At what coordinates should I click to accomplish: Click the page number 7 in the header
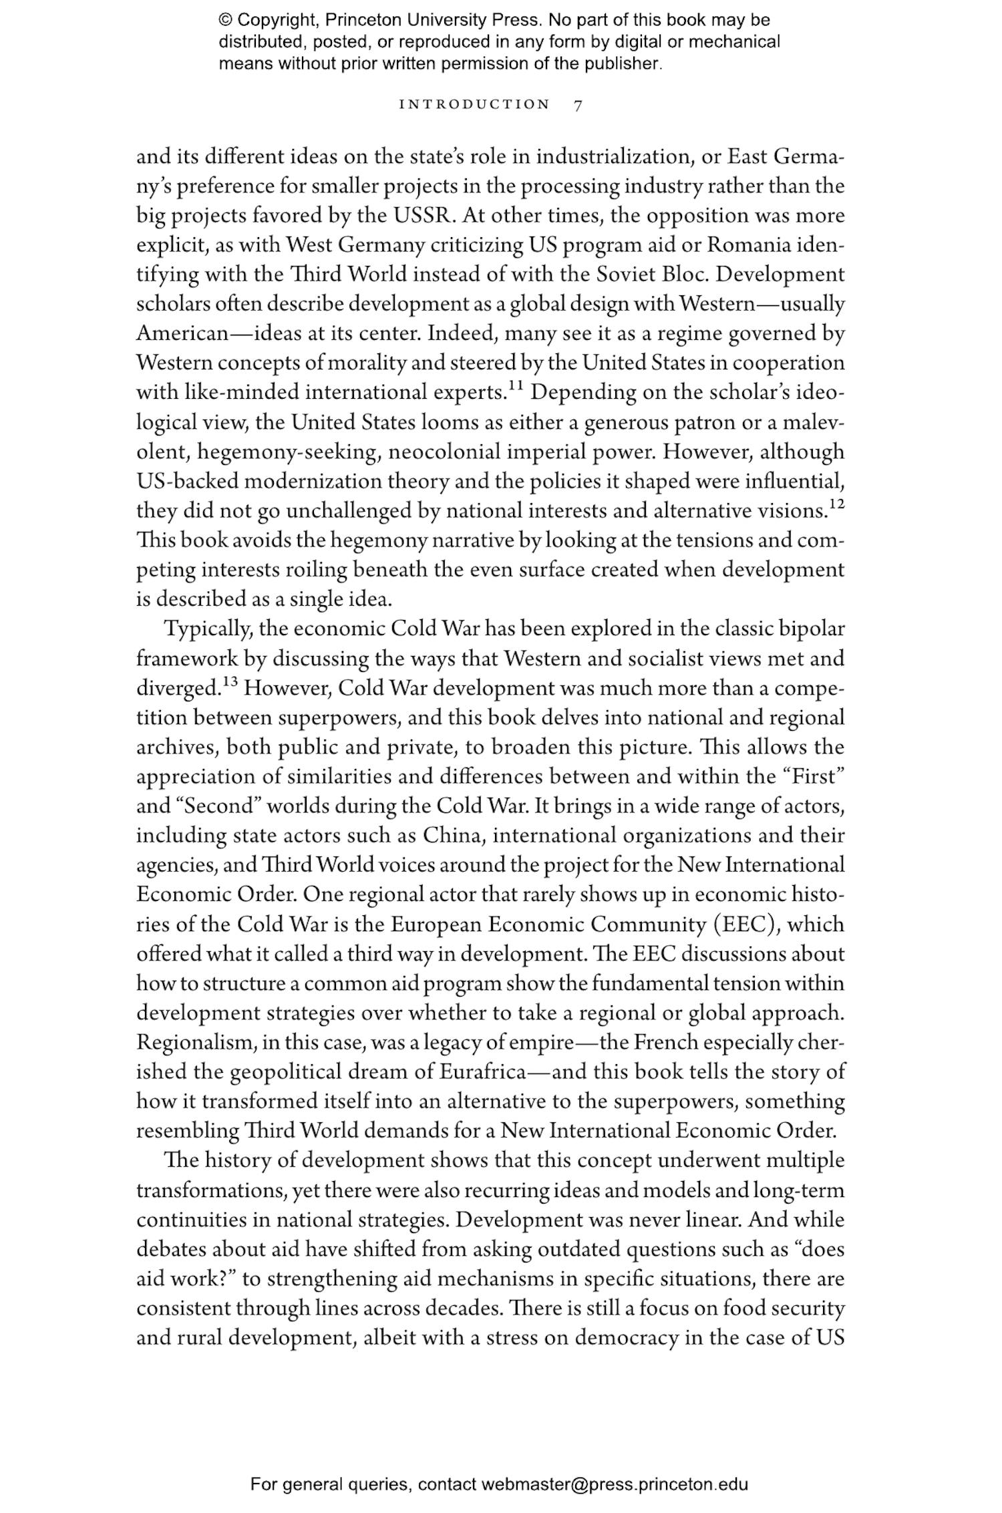[x=578, y=105]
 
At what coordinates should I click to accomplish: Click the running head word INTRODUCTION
[x=474, y=105]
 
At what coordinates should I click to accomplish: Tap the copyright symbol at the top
[x=225, y=20]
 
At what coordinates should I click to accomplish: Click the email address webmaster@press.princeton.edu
[x=614, y=1484]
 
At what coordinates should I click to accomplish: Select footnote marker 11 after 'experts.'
[x=515, y=386]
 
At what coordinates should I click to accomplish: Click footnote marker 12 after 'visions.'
[x=836, y=504]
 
